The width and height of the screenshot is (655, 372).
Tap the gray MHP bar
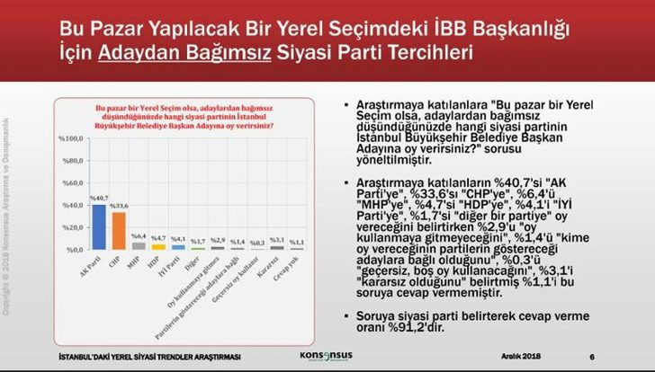coord(139,245)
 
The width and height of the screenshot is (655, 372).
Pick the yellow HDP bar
coord(158,246)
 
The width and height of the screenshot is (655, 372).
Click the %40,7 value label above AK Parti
coord(99,199)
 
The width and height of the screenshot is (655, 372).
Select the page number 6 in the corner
coord(604,357)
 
